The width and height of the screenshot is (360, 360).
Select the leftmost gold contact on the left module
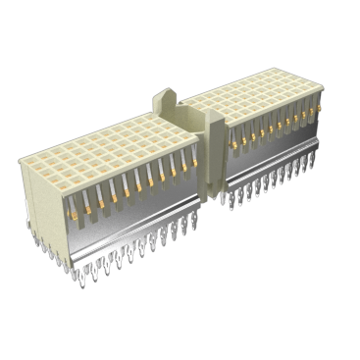pos(71,209)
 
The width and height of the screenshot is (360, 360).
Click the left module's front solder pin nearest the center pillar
pos(192,224)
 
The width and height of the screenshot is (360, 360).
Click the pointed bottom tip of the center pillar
pos(211,200)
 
